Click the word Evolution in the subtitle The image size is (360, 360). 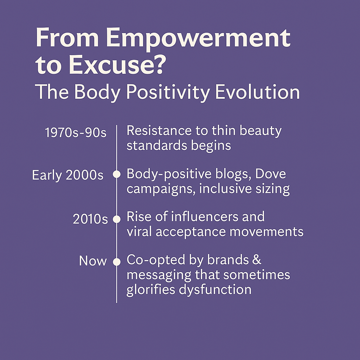(x=257, y=92)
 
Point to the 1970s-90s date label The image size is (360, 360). (x=76, y=133)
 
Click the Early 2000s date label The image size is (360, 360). (x=68, y=175)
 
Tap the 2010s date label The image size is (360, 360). (x=90, y=219)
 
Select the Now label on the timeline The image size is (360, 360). (x=93, y=261)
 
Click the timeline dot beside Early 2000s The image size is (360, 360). (x=117, y=174)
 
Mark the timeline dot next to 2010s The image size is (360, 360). (x=117, y=219)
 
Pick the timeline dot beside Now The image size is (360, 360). (x=117, y=262)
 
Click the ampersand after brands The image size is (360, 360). (x=257, y=260)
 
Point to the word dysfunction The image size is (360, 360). (x=215, y=290)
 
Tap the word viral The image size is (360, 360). (x=139, y=231)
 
